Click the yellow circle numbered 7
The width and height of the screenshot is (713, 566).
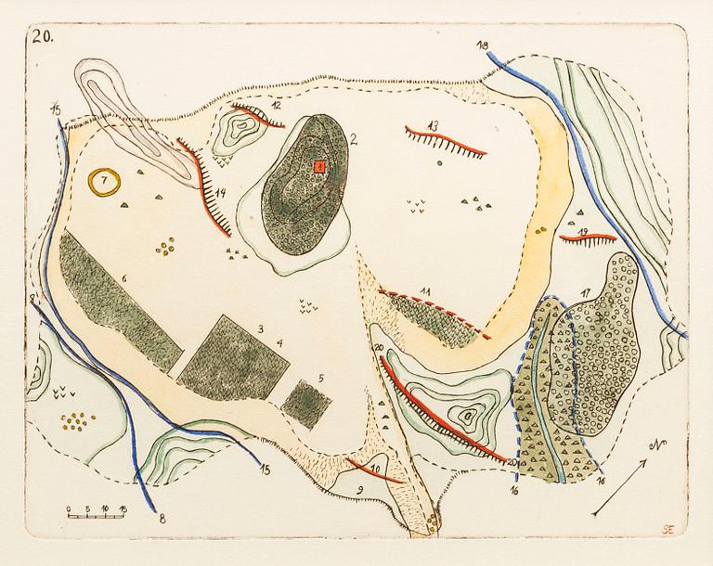point(104,180)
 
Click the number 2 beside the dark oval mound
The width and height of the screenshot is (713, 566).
point(355,140)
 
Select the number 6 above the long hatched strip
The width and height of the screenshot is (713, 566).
point(123,278)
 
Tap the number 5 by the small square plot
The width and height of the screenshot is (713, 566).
point(320,379)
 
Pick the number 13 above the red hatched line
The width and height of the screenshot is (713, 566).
point(433,125)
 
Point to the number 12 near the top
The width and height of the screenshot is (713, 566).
point(278,106)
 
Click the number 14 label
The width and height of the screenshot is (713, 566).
point(221,193)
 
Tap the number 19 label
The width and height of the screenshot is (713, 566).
point(582,232)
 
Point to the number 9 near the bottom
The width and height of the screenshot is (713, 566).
point(358,488)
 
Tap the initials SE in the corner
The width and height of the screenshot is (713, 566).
point(668,530)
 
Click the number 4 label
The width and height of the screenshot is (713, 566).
point(279,343)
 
